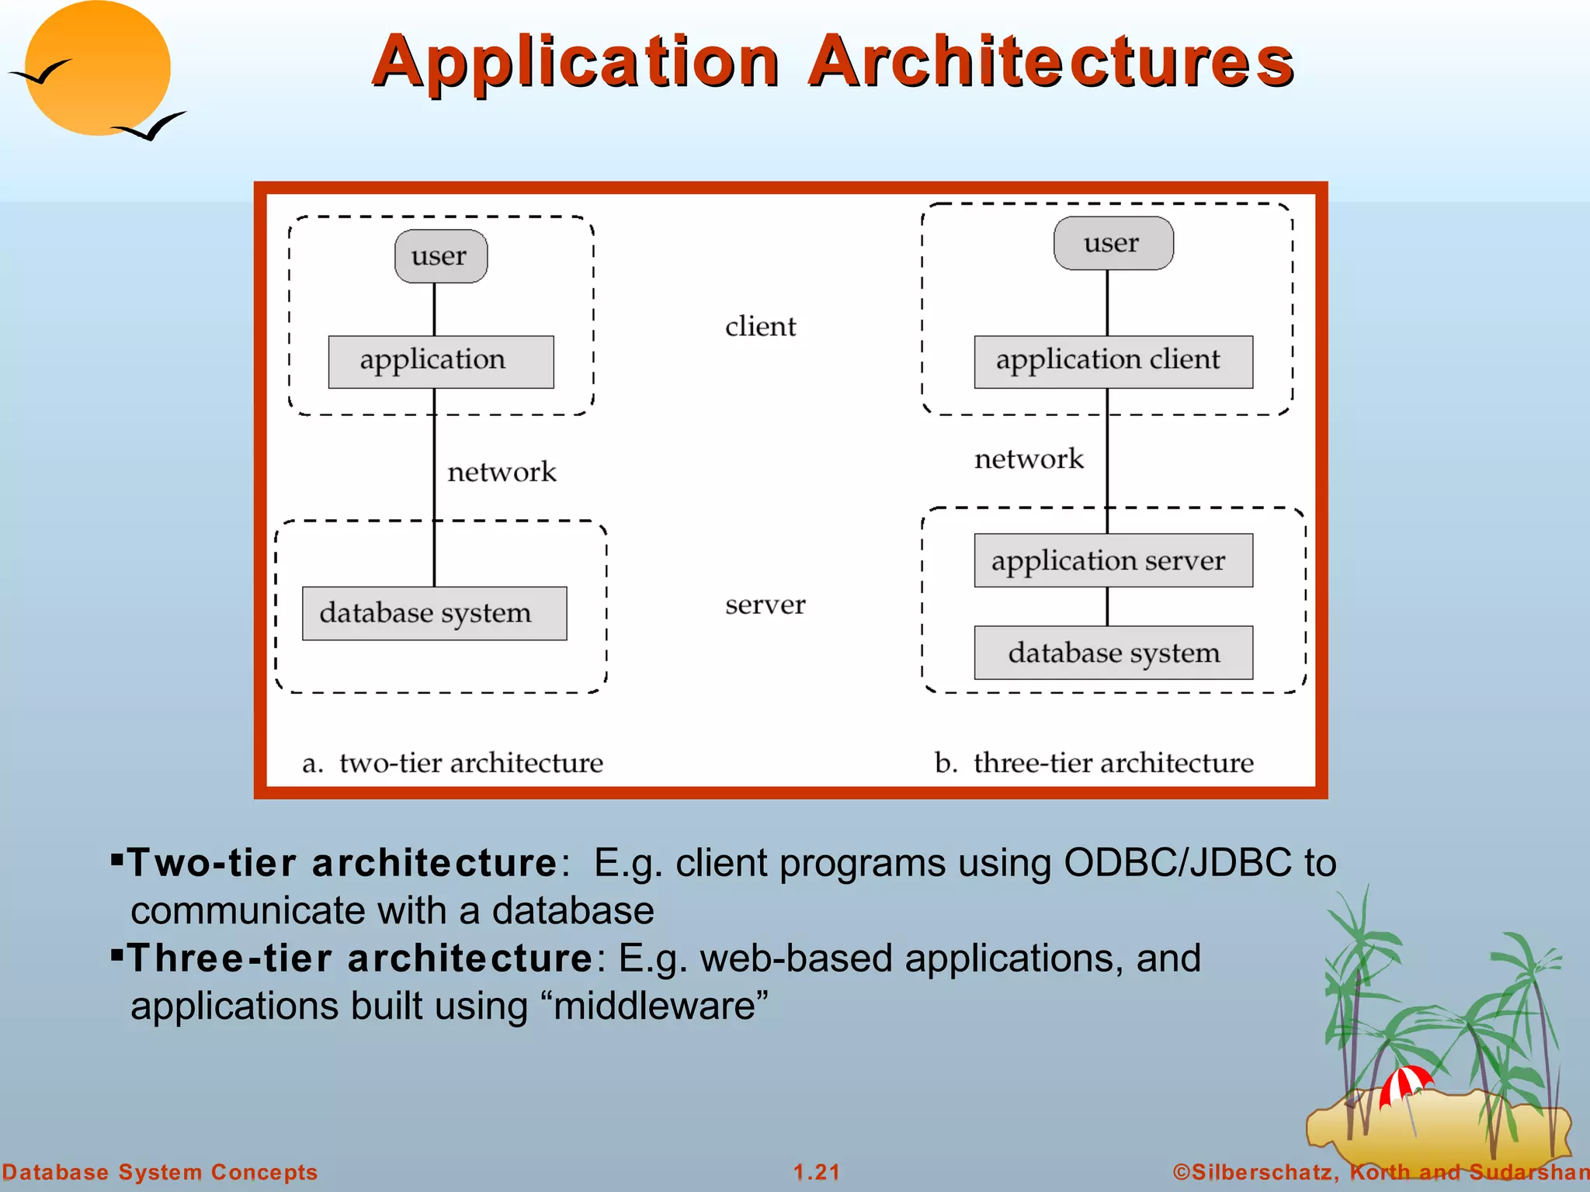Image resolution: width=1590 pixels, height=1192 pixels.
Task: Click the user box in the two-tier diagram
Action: click(441, 256)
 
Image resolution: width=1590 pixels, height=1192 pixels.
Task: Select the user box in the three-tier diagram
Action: click(1113, 243)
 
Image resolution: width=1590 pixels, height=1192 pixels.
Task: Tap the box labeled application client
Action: click(1113, 362)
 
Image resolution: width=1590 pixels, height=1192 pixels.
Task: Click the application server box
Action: click(1113, 560)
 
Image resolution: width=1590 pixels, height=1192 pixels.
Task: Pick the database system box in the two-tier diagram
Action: click(434, 613)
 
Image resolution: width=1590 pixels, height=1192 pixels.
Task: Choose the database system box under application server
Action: click(1113, 653)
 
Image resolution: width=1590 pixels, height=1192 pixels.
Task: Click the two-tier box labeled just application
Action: click(440, 362)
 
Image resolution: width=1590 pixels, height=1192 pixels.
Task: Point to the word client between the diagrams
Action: click(760, 327)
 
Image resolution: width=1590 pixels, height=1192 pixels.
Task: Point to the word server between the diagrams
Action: click(765, 605)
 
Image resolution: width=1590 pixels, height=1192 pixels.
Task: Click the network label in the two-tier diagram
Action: click(502, 472)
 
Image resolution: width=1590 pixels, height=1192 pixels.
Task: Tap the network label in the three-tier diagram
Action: click(1028, 459)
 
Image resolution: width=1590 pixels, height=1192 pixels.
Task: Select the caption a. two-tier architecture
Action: click(453, 763)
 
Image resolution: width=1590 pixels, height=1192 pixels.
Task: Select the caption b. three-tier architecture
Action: click(1093, 763)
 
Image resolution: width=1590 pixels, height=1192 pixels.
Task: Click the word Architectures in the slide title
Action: click(1051, 62)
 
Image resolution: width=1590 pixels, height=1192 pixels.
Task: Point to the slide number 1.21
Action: click(816, 1172)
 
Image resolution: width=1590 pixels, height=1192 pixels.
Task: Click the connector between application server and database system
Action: click(1107, 606)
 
